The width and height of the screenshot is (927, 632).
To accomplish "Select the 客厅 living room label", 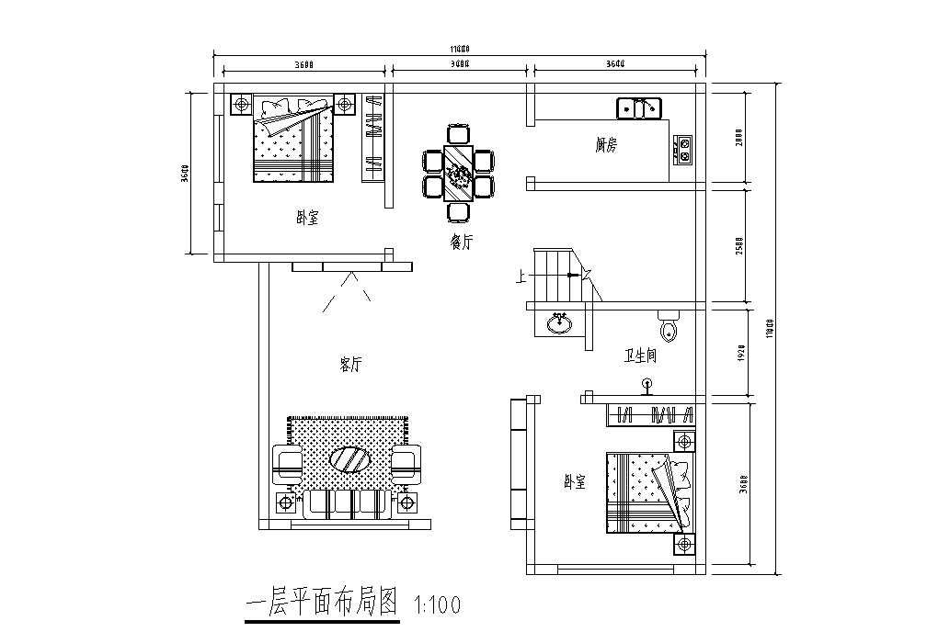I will click(x=350, y=365).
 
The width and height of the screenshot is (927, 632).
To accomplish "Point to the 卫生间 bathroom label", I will click(x=640, y=355).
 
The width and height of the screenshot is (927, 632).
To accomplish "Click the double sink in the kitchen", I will click(x=638, y=108).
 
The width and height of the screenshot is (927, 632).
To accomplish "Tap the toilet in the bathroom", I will click(x=669, y=326).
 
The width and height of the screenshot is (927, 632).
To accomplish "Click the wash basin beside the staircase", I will click(x=558, y=323).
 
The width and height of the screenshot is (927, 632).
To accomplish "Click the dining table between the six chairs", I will click(x=457, y=173).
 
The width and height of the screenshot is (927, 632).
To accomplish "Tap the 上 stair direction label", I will click(x=521, y=275).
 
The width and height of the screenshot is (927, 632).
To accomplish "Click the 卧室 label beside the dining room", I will click(x=307, y=219).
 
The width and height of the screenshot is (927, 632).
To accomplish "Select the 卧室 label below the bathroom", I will click(x=575, y=482).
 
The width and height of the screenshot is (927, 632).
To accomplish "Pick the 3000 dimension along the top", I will click(x=461, y=64).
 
